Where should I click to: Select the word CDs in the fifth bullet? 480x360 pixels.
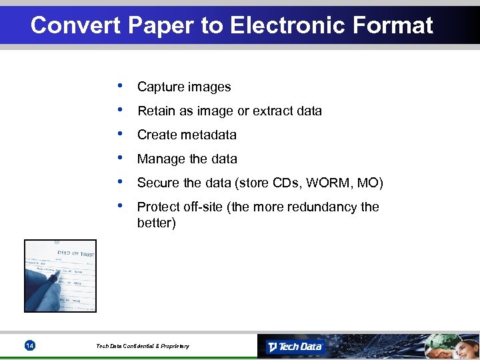(289, 183)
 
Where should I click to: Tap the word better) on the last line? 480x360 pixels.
(157, 223)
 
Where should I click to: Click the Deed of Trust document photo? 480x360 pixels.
(60, 275)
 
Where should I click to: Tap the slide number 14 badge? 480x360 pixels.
(29, 345)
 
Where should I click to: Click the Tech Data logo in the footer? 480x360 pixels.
(295, 347)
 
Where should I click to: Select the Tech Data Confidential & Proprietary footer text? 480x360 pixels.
(143, 346)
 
